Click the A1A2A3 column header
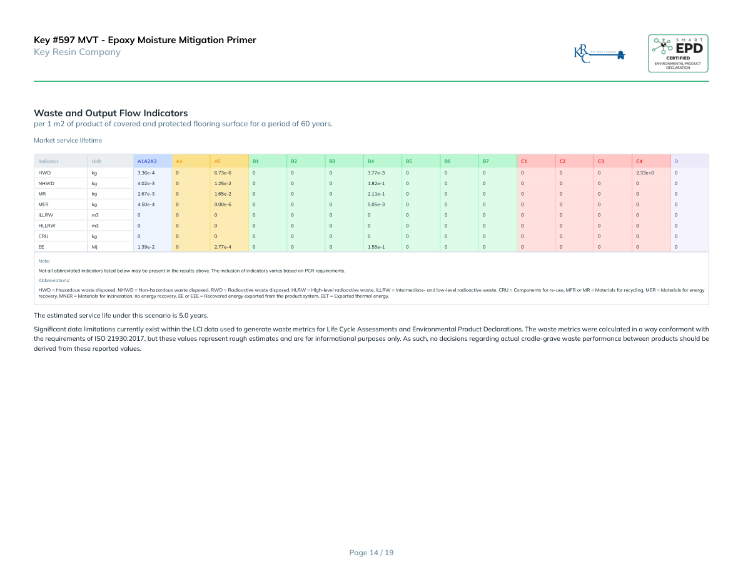click(x=147, y=161)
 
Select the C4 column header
click(x=639, y=161)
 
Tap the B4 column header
click(x=371, y=161)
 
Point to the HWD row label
click(x=44, y=172)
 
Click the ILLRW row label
click(x=46, y=214)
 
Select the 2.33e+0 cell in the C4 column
click(x=645, y=172)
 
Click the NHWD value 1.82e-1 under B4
click(x=376, y=183)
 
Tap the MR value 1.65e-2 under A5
click(x=223, y=193)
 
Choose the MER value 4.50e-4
click(x=146, y=204)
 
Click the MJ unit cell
click(x=94, y=247)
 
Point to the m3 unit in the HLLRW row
click(x=95, y=225)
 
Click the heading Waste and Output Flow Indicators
click(x=111, y=113)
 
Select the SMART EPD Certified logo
click(x=678, y=53)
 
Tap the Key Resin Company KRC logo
click(x=600, y=54)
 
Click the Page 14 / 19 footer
click(x=371, y=552)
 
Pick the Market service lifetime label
click(x=68, y=141)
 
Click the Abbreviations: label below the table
click(x=54, y=280)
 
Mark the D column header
click(x=676, y=161)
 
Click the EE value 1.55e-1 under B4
click(x=376, y=247)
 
